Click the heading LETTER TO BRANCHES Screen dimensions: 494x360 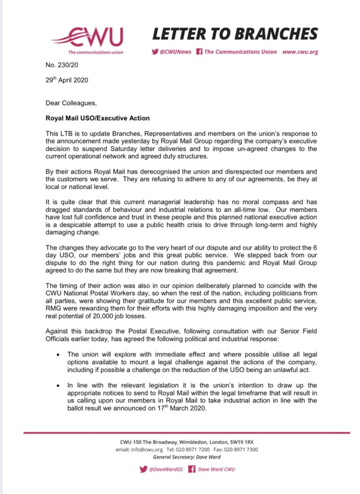(235, 33)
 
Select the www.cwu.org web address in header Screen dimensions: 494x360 (300, 52)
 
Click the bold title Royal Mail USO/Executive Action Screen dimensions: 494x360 (98, 118)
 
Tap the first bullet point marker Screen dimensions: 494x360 (58, 354)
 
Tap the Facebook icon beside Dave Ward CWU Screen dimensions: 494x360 (191, 469)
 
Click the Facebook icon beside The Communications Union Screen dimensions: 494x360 (199, 52)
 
